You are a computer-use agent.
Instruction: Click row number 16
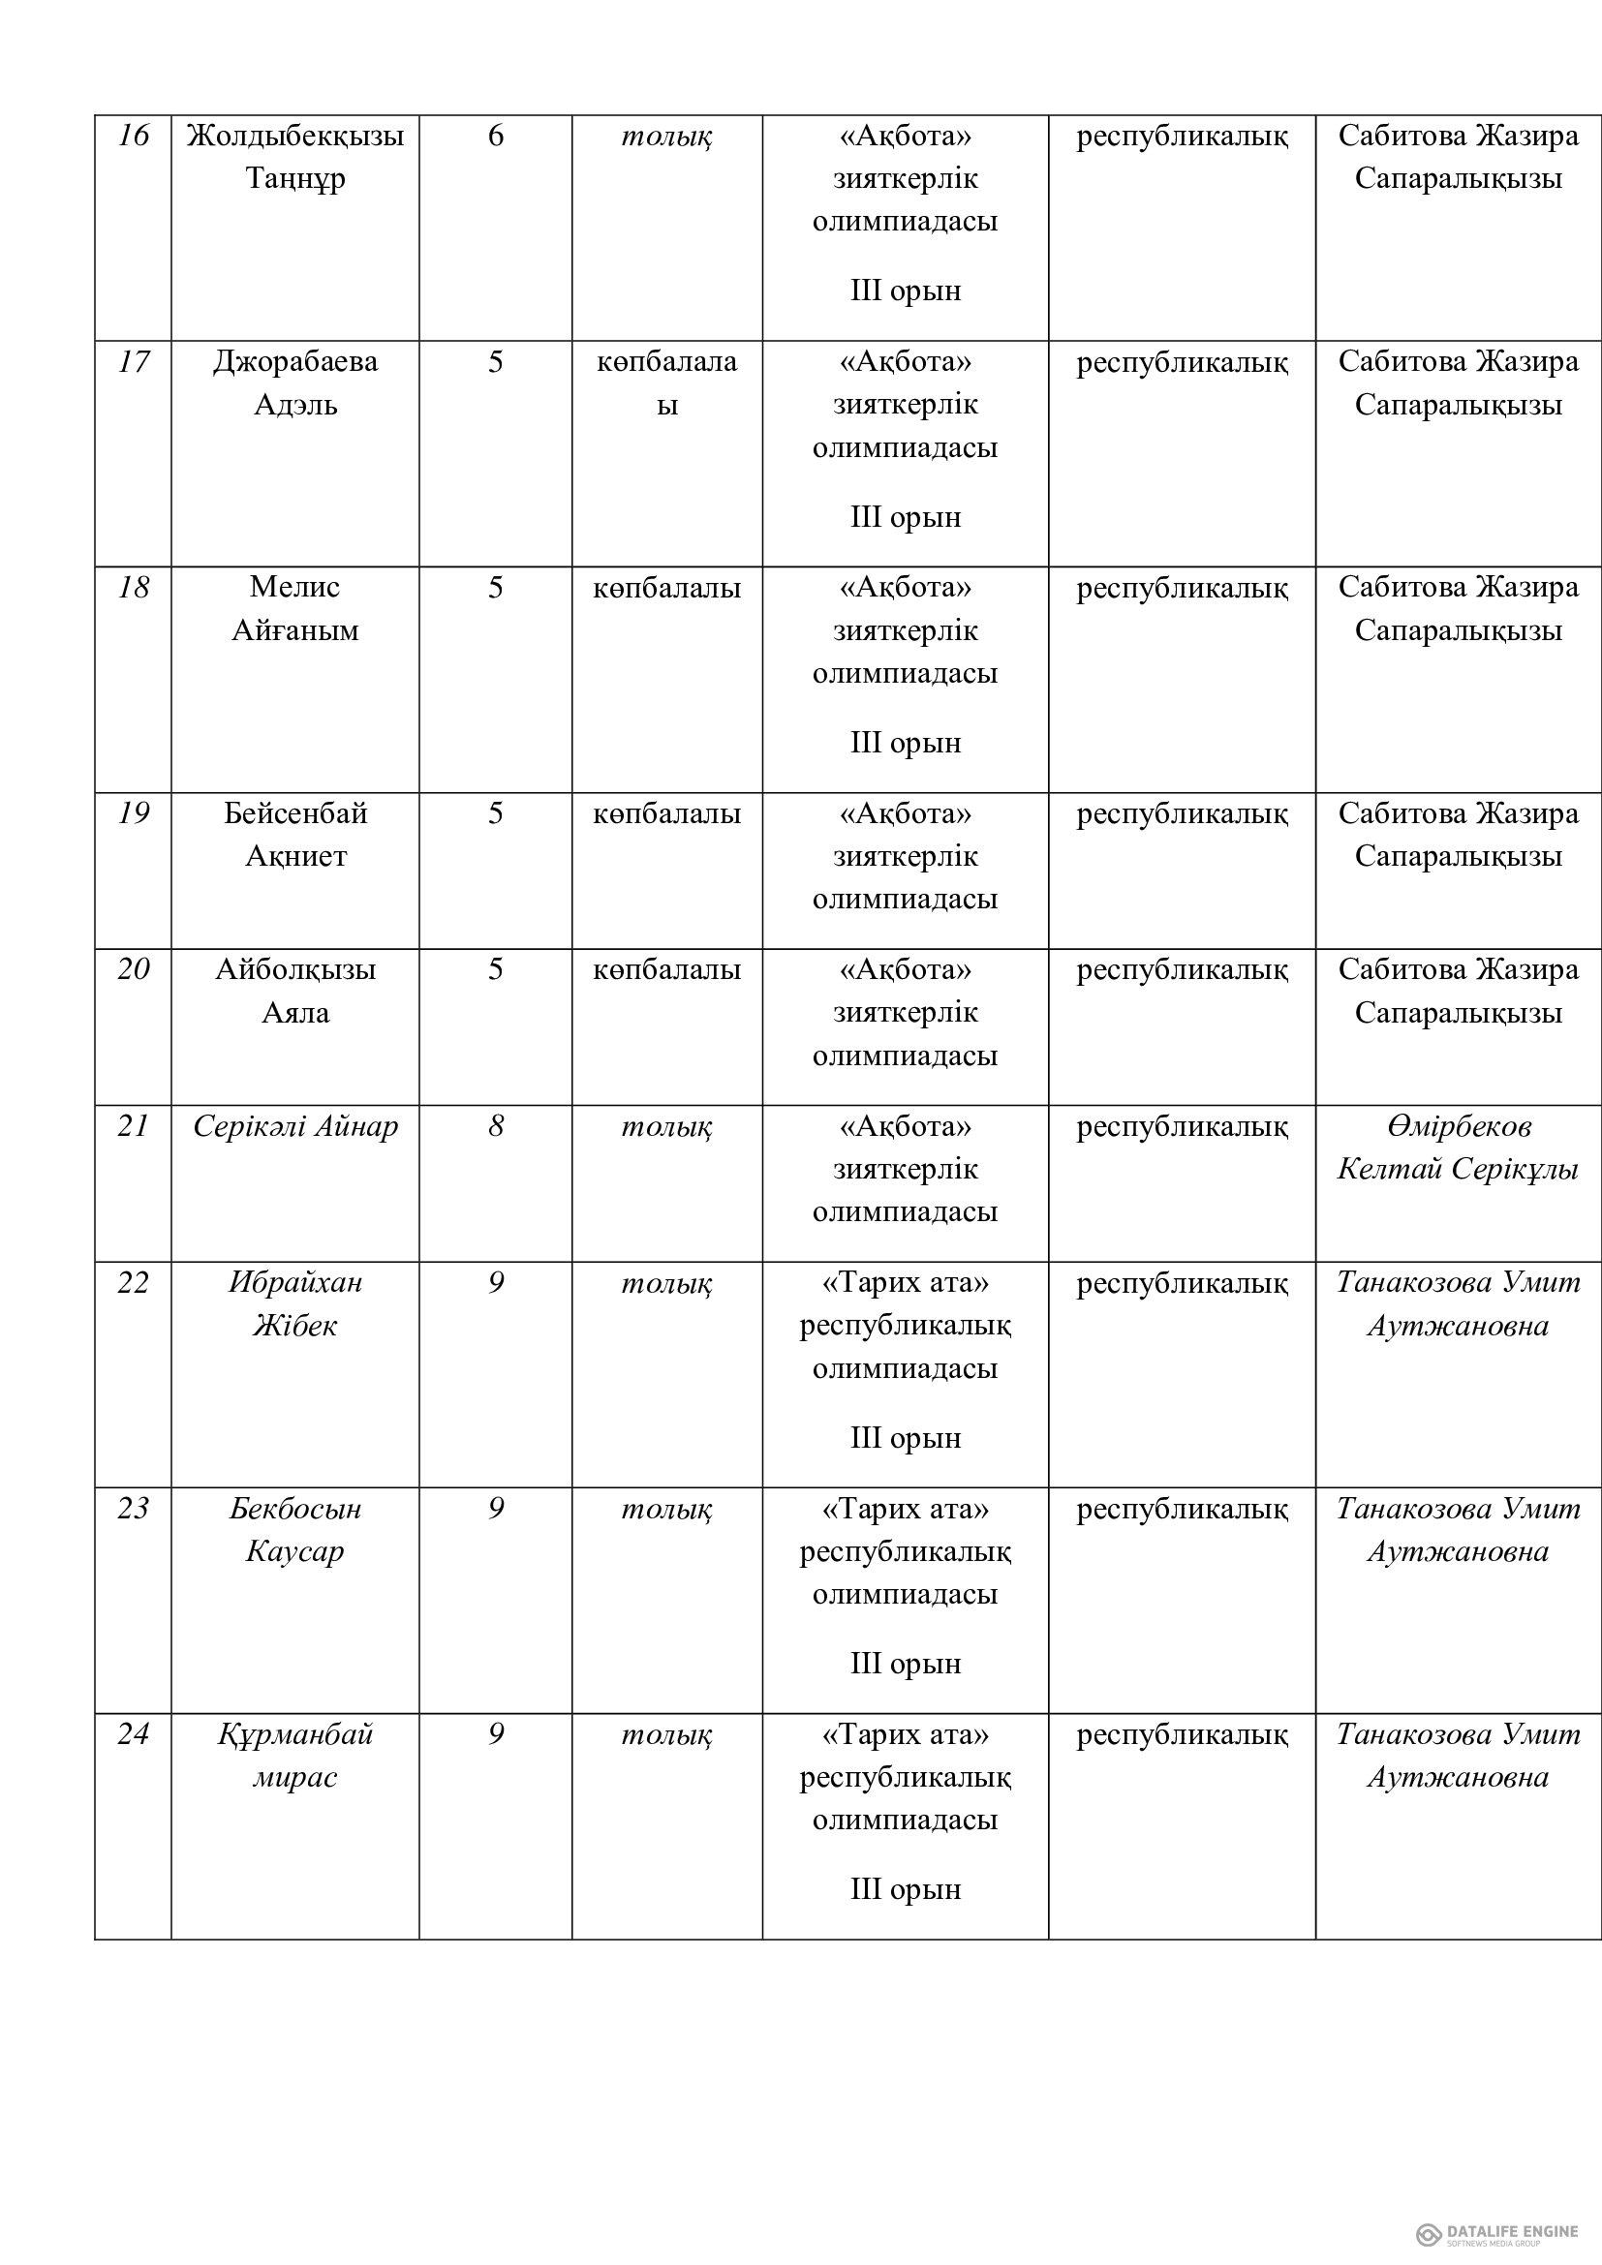click(133, 136)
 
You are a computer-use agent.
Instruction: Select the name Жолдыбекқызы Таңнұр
click(295, 157)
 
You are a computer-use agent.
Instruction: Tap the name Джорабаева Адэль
click(295, 383)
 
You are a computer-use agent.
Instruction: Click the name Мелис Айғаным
click(295, 609)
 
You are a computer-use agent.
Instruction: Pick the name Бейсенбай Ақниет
click(295, 835)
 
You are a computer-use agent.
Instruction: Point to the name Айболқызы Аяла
click(295, 992)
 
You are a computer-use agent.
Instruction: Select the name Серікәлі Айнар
click(295, 1126)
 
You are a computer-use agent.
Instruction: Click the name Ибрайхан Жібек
click(295, 1304)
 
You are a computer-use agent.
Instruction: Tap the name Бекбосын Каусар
click(295, 1530)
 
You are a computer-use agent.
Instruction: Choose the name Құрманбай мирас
click(295, 1756)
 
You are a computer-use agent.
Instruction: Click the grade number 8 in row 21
click(495, 1126)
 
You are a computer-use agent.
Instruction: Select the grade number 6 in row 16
click(495, 136)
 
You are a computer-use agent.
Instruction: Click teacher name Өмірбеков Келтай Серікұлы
click(1457, 1148)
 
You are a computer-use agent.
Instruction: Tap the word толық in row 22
click(666, 1283)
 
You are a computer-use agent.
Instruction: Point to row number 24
click(133, 1735)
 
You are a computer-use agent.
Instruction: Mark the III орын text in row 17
click(906, 518)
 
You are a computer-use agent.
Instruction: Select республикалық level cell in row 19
click(1182, 814)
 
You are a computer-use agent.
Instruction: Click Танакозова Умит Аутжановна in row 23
click(1457, 1530)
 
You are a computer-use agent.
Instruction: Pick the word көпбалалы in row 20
click(666, 970)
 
